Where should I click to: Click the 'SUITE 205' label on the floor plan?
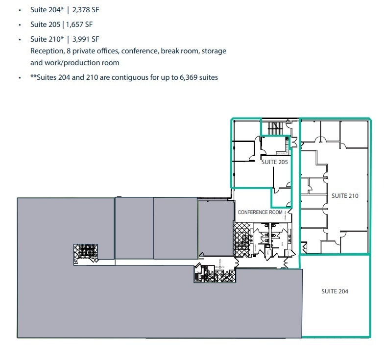click(274, 162)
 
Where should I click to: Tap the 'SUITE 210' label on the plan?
click(345, 196)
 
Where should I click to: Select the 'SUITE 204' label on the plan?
click(335, 291)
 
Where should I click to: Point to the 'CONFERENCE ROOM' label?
click(260, 213)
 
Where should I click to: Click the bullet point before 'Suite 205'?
click(19, 24)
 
